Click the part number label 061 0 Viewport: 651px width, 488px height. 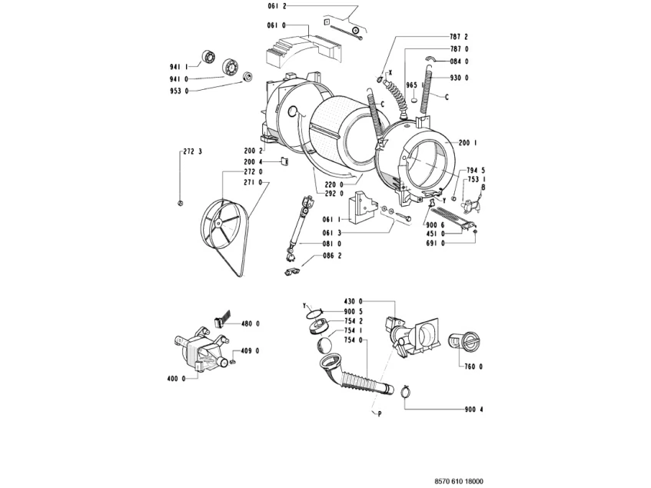[x=276, y=25]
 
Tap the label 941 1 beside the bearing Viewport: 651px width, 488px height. [x=179, y=66]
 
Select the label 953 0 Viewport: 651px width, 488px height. [x=179, y=90]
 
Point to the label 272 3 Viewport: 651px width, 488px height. [x=192, y=153]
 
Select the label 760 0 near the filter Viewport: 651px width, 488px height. [x=472, y=366]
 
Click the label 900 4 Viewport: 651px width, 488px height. [x=474, y=408]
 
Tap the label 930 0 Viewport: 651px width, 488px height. [x=460, y=78]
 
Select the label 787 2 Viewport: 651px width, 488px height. [x=460, y=37]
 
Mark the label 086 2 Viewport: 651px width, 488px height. [x=332, y=255]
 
